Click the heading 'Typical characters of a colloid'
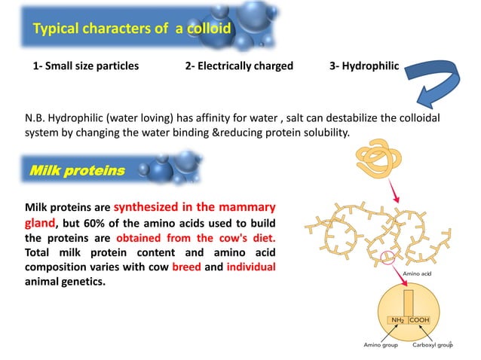pos(132,29)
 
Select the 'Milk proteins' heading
pos(76,171)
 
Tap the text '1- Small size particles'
pos(86,66)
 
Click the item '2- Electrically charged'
pos(239,66)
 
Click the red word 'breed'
pos(185,268)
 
